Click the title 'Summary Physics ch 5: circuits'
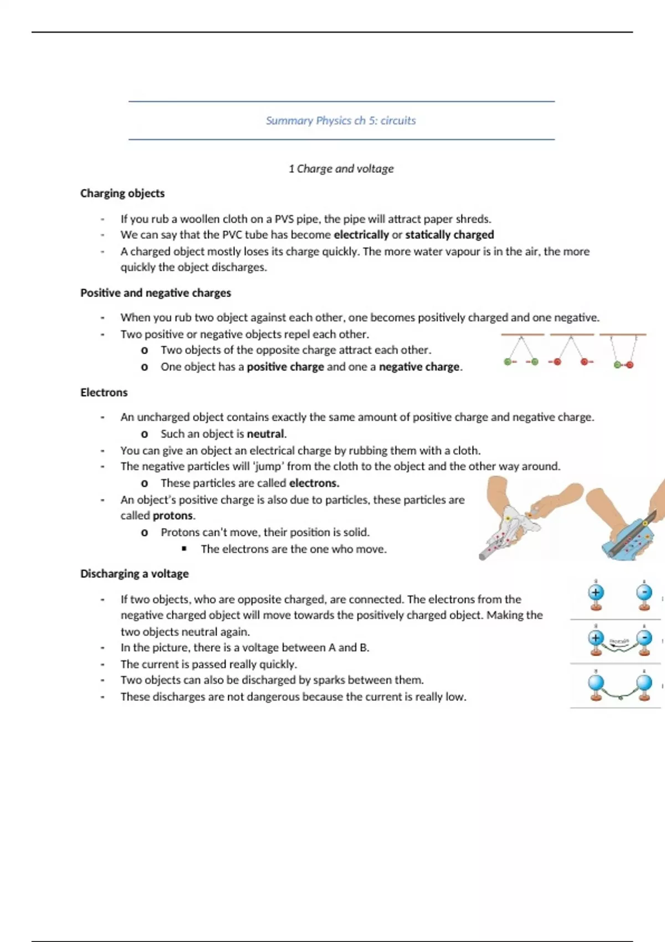pos(341,121)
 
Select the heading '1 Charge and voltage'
pos(341,168)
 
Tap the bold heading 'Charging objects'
pos(122,193)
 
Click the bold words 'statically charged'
pos(449,234)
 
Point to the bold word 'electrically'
pos(361,234)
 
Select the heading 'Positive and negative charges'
pos(156,293)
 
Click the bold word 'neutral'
pos(265,433)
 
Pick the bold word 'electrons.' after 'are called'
pos(314,483)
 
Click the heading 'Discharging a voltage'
pos(135,574)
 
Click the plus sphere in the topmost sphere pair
pos(596,592)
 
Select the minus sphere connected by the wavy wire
pos(644,638)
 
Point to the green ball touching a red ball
pos(617,365)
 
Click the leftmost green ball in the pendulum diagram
pos(508,362)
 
